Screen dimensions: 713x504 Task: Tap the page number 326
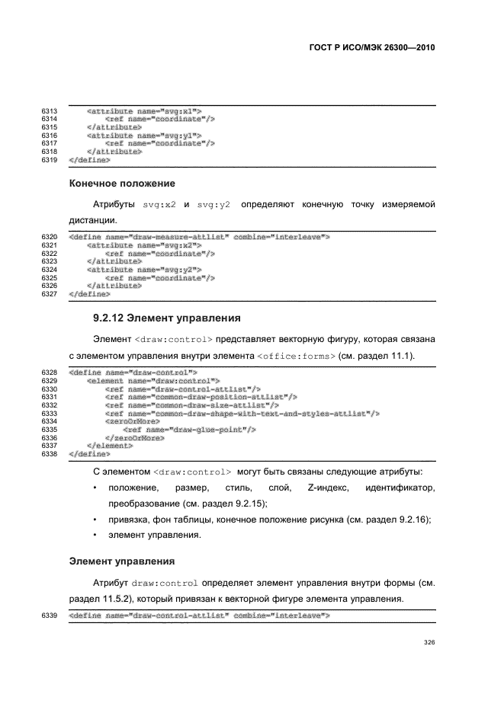429,642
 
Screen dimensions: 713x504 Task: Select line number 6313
50,111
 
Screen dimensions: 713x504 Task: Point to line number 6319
50,160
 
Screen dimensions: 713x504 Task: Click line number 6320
50,237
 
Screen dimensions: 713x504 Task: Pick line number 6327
50,293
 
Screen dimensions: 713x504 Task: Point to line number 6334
50,420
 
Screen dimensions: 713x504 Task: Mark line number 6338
50,454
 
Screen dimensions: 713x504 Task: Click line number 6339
50,615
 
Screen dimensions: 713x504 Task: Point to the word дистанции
95,220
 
